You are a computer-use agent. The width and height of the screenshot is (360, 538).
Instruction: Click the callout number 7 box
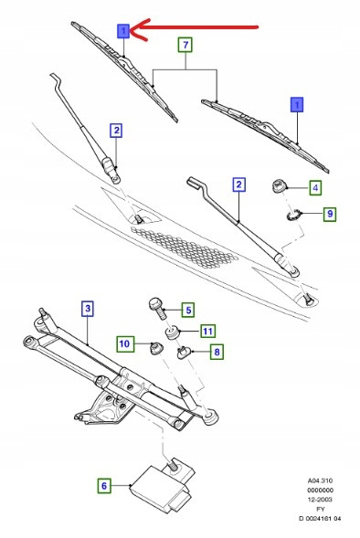(x=185, y=45)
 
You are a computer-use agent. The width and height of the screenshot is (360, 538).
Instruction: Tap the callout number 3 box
(x=88, y=308)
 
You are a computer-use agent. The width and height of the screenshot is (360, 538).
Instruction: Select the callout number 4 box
(x=315, y=187)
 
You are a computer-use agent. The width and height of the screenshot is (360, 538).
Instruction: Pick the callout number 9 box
(x=330, y=214)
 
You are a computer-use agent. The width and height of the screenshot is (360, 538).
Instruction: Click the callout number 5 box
(x=188, y=311)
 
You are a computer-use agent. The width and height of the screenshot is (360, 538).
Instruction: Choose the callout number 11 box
(x=207, y=331)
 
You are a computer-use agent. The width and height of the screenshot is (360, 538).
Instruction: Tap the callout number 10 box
(x=124, y=343)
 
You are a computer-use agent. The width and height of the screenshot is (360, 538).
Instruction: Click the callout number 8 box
(x=217, y=352)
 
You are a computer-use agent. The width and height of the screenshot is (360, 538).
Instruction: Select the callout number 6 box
(x=104, y=486)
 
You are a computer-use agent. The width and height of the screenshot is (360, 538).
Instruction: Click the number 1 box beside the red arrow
(x=123, y=31)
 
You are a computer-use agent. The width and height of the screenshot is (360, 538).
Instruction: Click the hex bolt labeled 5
(x=158, y=308)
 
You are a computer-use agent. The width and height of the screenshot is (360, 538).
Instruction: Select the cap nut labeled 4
(x=279, y=186)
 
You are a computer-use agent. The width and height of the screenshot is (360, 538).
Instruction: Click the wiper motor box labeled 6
(x=162, y=485)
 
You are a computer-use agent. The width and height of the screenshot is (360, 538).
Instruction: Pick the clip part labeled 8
(x=184, y=352)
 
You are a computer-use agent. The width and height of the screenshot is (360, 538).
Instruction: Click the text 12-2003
(x=321, y=500)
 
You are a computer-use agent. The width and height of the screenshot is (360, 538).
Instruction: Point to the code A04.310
(x=320, y=480)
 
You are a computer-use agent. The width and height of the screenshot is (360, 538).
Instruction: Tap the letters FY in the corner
(x=321, y=509)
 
